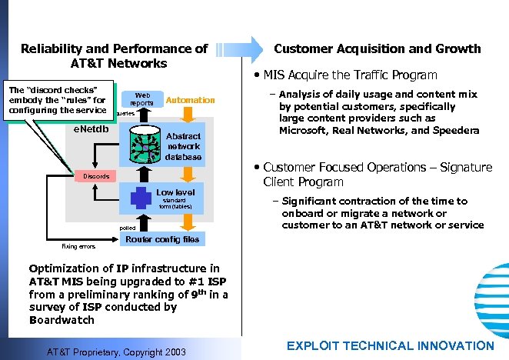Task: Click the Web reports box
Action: pos(141,99)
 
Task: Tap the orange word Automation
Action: pos(190,100)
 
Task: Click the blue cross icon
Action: pos(141,198)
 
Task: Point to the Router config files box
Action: pos(161,239)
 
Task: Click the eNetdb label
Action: pos(90,128)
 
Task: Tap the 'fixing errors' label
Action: pos(78,247)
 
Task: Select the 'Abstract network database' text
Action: pos(183,145)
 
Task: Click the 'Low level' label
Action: pos(175,192)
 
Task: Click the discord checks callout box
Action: pos(58,100)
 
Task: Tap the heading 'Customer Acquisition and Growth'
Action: pos(378,48)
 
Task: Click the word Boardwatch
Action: pos(62,320)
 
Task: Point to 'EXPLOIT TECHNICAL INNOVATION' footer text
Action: pos(390,346)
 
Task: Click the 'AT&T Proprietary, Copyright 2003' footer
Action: pos(117,351)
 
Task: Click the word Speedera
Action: pos(454,130)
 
